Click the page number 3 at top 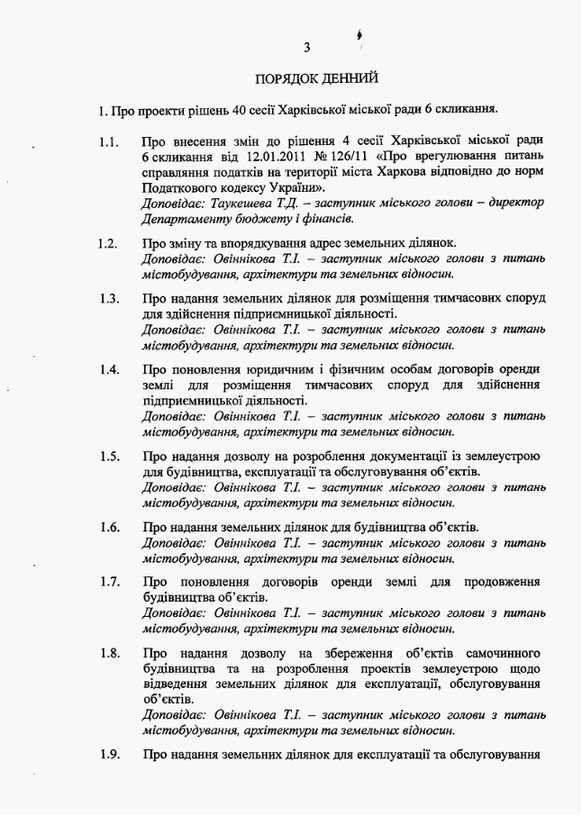coord(307,46)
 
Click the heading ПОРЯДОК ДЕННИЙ coord(308,79)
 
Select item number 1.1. coord(109,142)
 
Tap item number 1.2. coord(109,243)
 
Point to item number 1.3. coord(109,298)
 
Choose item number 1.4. coord(109,369)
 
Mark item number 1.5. coord(109,456)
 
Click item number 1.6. coord(109,527)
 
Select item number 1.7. coord(109,581)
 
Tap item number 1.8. coord(109,652)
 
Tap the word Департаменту coord(186,218)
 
